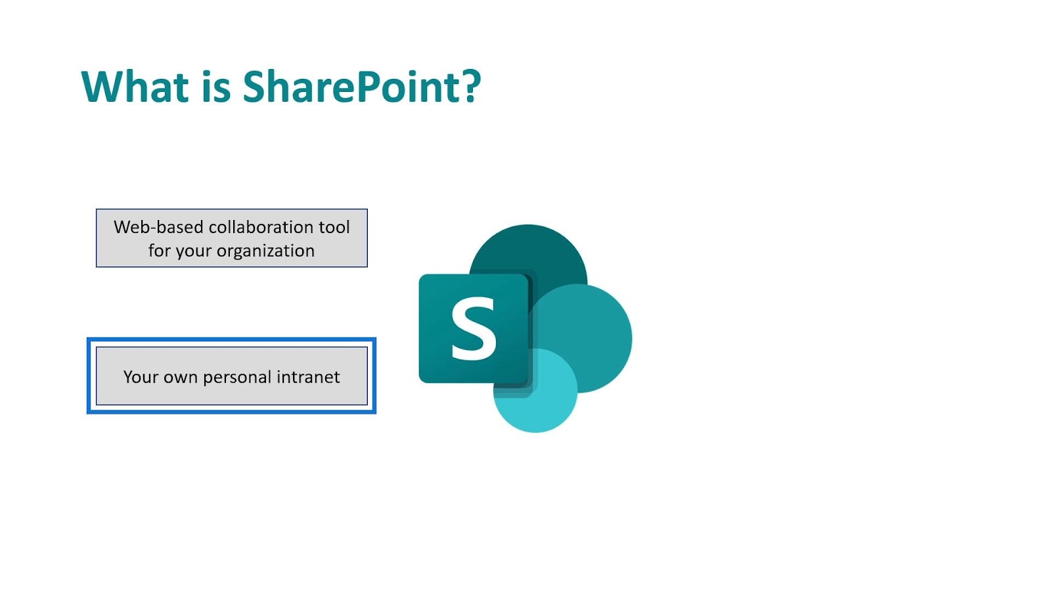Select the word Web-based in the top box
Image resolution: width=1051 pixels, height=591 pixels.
(x=158, y=227)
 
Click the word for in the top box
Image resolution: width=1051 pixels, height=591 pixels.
(x=160, y=250)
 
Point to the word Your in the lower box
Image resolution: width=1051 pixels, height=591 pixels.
(x=141, y=377)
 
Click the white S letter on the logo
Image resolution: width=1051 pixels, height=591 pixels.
(x=473, y=328)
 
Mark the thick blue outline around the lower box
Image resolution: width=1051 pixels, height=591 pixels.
(x=231, y=339)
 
